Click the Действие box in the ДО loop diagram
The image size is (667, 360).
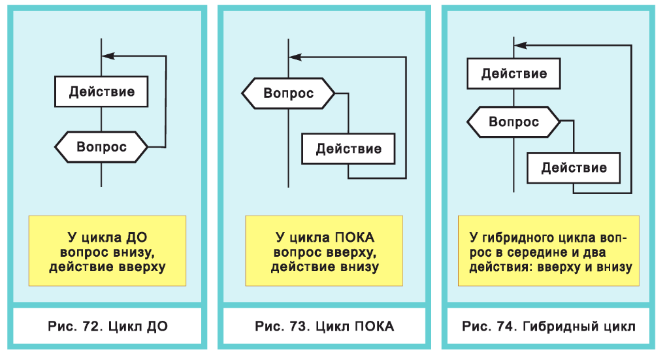pyautogui.click(x=102, y=91)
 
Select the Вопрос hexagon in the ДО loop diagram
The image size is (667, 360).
pyautogui.click(x=101, y=147)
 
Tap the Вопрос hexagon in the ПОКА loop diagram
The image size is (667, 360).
pyautogui.click(x=288, y=93)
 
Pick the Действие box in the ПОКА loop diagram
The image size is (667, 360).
pyautogui.click(x=348, y=149)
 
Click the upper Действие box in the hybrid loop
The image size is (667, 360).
pyautogui.click(x=514, y=73)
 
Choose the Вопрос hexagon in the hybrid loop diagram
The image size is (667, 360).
pyautogui.click(x=513, y=122)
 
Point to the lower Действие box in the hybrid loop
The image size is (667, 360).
pyautogui.click(x=574, y=168)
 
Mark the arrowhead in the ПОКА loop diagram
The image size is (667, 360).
pyautogui.click(x=296, y=57)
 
